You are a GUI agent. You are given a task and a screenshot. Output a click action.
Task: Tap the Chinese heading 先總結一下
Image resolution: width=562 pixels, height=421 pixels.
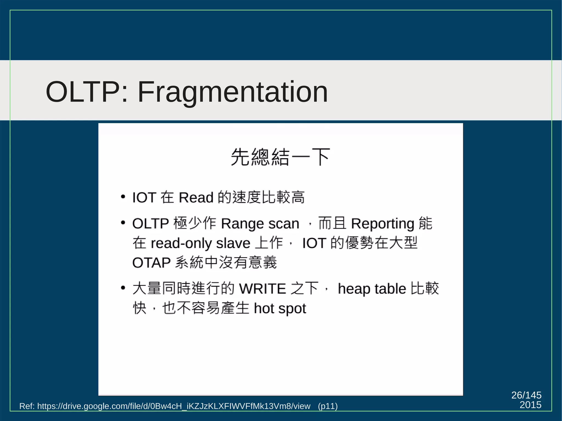280,157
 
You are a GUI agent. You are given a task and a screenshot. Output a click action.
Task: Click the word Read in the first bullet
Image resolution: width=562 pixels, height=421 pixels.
196,197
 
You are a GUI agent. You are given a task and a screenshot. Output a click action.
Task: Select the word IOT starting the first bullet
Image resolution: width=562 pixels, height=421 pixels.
144,197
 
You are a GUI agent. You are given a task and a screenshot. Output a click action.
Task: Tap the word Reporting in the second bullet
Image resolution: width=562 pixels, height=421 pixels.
383,224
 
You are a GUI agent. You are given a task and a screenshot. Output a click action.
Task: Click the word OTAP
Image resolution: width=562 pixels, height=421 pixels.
151,263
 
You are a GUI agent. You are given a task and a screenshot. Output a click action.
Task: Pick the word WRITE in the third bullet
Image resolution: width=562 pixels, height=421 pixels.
262,289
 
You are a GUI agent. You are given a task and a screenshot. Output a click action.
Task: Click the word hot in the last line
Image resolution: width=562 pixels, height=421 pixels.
264,309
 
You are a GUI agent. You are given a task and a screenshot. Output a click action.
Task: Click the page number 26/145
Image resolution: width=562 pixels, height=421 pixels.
526,395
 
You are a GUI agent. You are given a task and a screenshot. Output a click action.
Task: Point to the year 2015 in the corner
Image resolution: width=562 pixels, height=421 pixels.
530,405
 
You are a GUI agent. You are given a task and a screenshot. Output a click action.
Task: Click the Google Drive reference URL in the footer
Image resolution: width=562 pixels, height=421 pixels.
173,406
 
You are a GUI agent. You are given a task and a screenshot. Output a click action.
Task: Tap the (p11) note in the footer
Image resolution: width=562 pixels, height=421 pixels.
328,406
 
